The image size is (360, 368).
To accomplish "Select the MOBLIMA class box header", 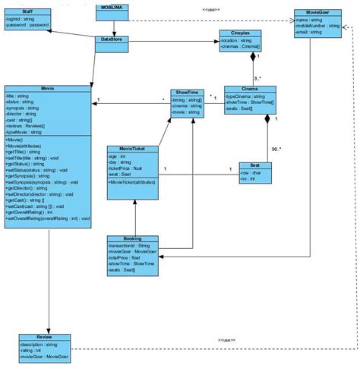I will [x=113, y=7].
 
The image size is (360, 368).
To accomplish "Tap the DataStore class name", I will [x=113, y=39].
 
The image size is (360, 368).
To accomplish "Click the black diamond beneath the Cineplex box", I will [x=254, y=55].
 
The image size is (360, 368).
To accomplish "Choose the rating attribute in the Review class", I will [x=30, y=349].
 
